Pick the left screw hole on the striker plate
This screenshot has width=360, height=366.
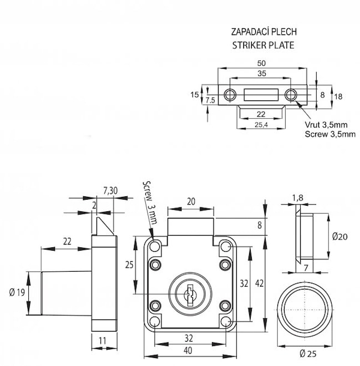[230, 95]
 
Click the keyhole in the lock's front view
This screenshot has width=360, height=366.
[190, 293]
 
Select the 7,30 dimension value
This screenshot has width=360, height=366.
[110, 190]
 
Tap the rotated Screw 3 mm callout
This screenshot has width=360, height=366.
[150, 202]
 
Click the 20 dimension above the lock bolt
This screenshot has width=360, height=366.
[190, 202]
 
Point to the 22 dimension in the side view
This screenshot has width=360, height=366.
[67, 241]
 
